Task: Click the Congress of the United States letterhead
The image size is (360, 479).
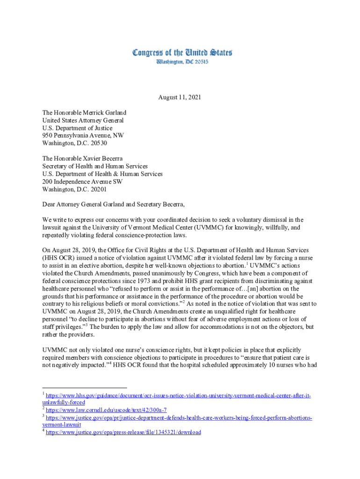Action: [182, 53]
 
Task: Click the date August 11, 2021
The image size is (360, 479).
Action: [180, 98]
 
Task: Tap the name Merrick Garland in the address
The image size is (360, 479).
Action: [105, 113]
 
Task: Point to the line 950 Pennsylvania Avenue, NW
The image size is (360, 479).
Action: [83, 136]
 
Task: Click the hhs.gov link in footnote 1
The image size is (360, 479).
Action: [178, 396]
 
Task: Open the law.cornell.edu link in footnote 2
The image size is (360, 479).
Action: [106, 410]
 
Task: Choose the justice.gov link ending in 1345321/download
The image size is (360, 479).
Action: [123, 432]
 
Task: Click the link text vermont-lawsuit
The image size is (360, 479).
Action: [62, 425]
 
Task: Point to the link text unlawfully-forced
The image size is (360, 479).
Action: [64, 402]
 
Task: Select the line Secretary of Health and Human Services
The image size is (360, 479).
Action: [95, 166]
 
